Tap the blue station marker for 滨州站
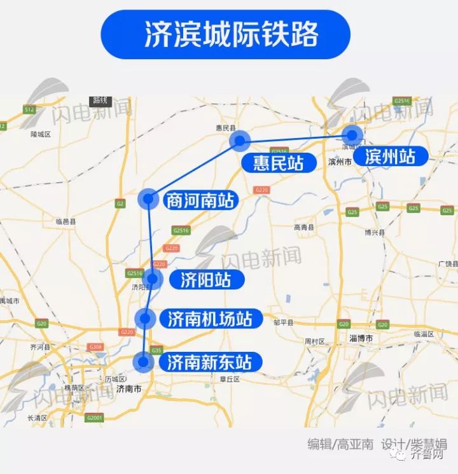point(352,136)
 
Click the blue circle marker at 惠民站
point(240,141)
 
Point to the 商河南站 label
point(199,201)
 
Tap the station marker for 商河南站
point(148,199)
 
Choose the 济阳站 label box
point(204,279)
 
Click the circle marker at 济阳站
point(152,279)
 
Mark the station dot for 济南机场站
point(146,318)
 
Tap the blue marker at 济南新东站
point(144,362)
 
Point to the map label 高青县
point(304,227)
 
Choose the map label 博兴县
point(373,233)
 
